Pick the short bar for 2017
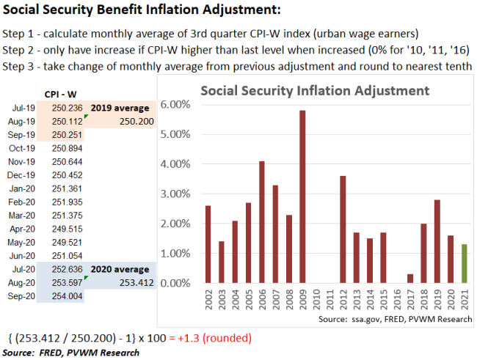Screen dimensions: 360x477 pyautogui.click(x=409, y=278)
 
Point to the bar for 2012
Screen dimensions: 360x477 pyautogui.click(x=343, y=229)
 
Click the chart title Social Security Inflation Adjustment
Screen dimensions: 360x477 pyautogui.click(x=314, y=92)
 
